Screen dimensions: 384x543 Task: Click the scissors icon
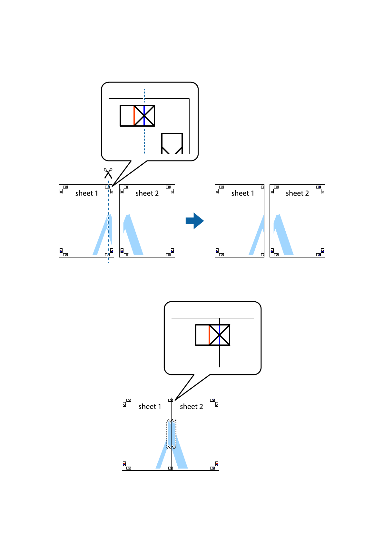pyautogui.click(x=108, y=173)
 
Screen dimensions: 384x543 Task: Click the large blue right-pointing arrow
pyautogui.click(x=195, y=221)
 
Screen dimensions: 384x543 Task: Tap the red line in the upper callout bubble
pyautogui.click(x=134, y=115)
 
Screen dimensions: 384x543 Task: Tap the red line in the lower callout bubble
pyautogui.click(x=209, y=335)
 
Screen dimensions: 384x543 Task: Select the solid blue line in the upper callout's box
pyautogui.click(x=144, y=115)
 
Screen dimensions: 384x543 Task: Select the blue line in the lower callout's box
pyautogui.click(x=219, y=335)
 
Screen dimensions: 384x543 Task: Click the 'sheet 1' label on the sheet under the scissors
pyautogui.click(x=86, y=193)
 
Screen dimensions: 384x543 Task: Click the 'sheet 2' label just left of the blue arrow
pyautogui.click(x=147, y=193)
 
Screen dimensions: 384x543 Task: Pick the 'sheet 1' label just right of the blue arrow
pyautogui.click(x=242, y=193)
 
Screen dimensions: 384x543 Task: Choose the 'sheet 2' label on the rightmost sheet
pyautogui.click(x=297, y=193)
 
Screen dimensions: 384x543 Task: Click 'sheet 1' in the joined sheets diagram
pyautogui.click(x=150, y=407)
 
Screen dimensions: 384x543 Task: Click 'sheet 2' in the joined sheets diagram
pyautogui.click(x=192, y=407)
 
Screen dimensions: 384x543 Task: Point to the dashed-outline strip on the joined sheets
pyautogui.click(x=172, y=434)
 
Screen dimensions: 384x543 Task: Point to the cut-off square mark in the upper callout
pyautogui.click(x=172, y=143)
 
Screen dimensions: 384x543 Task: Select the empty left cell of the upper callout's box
pyautogui.click(x=127, y=115)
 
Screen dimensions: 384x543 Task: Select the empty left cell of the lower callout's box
pyautogui.click(x=202, y=335)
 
